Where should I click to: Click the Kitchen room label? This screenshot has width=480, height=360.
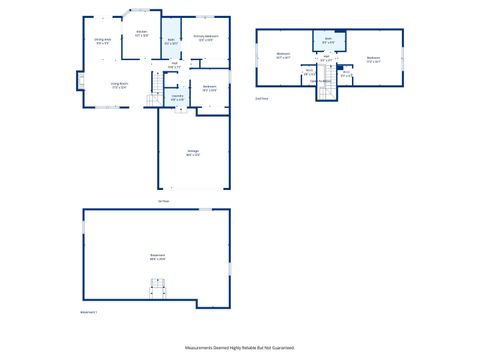pos(142,32)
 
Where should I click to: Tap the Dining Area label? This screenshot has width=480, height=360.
pos(102,40)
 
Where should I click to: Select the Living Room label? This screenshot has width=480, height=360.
pos(118,85)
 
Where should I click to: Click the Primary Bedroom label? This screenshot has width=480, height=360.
pos(207,38)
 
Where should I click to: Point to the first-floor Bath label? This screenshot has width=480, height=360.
pos(171,41)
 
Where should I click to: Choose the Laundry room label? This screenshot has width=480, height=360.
pos(177,97)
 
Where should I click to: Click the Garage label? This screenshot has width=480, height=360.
pos(193,153)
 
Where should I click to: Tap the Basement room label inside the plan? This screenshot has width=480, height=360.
pos(157,256)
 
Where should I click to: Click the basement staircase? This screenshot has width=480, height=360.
pos(157,290)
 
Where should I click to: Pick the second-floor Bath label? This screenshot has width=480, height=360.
pos(328,41)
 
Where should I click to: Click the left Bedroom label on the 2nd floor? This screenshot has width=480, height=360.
pos(283,55)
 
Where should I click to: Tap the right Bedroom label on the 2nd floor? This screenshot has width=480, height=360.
pos(373,57)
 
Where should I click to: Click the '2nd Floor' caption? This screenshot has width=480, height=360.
pos(262,99)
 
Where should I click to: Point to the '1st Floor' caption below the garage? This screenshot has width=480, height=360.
pos(163,200)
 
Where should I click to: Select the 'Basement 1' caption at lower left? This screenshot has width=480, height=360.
pos(88,313)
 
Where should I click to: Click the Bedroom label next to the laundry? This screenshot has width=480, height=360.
pos(209,86)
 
